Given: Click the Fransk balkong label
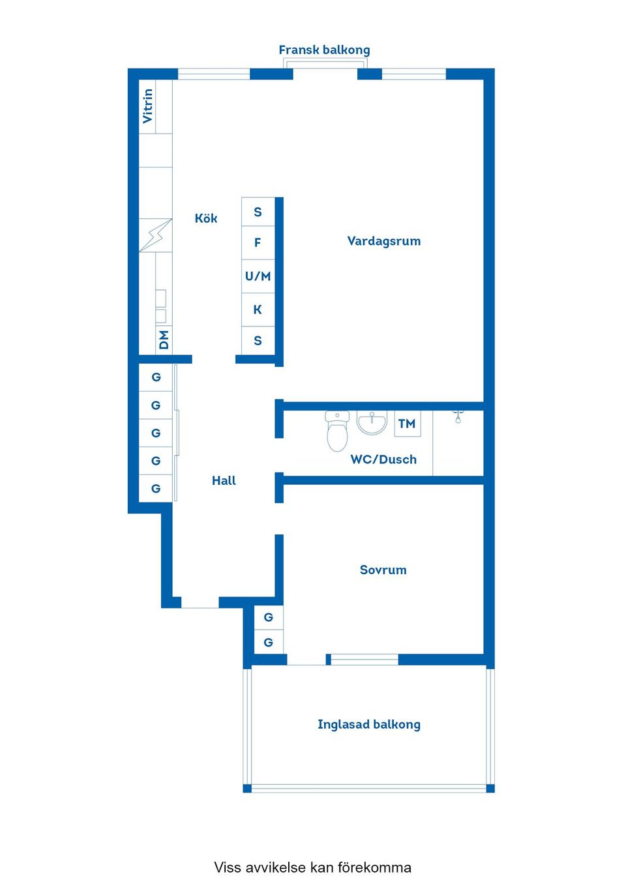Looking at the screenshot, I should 324,50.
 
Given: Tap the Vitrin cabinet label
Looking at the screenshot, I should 148,106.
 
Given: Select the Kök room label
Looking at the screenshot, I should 206,219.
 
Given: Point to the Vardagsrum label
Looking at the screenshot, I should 383,241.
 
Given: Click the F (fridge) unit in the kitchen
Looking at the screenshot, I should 258,243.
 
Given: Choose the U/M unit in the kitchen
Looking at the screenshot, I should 258,276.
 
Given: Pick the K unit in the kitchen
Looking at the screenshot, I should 258,310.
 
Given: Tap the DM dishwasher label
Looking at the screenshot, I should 164,340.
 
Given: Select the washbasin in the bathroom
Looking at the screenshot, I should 372,422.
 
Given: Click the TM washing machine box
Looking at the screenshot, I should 407,424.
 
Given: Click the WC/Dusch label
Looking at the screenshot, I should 383,459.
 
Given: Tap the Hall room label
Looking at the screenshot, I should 224,481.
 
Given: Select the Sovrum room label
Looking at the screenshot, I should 383,570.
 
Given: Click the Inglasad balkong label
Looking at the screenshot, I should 368,725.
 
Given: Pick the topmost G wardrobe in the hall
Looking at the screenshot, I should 156,377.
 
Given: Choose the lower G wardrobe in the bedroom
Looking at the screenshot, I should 268,643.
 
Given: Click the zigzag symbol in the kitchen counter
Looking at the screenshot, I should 156,235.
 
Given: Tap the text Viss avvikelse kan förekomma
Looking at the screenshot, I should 312,867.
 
